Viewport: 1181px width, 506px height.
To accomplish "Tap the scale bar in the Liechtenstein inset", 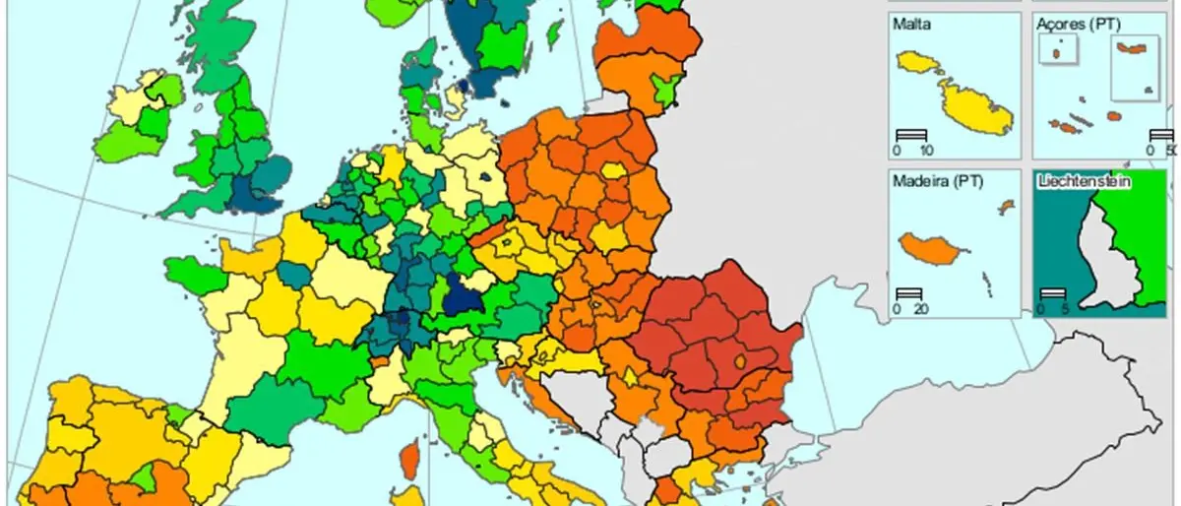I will click(1054, 293).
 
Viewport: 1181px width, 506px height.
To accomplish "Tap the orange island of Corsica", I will click(408, 459).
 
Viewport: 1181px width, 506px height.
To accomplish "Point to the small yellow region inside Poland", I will click(614, 170).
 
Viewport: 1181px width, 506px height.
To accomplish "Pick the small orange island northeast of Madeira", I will click(1005, 207).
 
